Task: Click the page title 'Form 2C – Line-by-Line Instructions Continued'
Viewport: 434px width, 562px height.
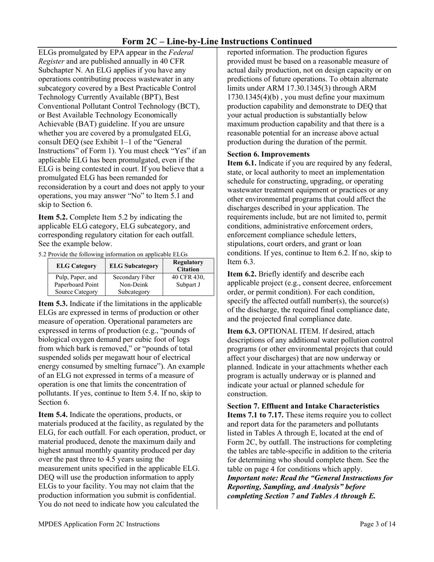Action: coord(217,41)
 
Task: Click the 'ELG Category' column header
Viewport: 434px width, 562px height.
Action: coord(77,266)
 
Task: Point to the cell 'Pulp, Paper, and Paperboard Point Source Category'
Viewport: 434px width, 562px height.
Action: coord(77,284)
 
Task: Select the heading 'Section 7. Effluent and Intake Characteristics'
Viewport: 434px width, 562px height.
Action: coord(303,406)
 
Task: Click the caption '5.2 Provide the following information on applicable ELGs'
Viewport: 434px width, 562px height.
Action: coord(113,254)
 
